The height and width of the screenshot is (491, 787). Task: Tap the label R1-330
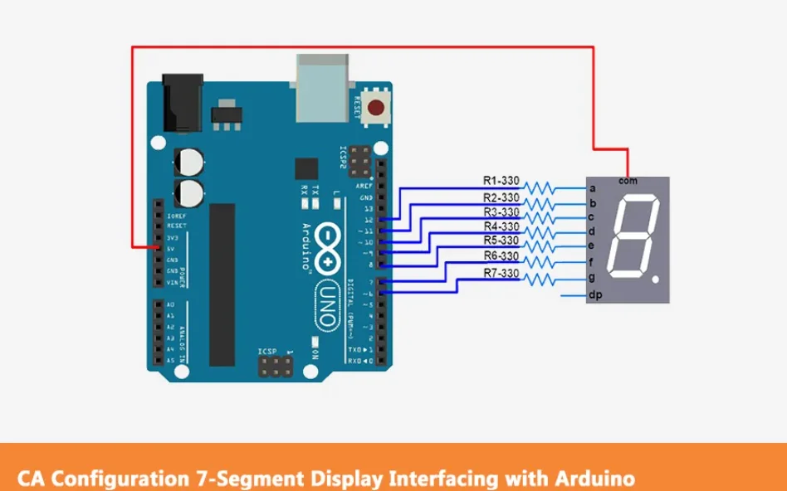click(501, 180)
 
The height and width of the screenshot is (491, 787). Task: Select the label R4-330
click(501, 226)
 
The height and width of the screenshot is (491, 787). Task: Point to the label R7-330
click(501, 273)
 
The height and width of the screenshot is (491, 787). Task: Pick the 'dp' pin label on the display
click(594, 295)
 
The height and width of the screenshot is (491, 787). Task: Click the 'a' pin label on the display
click(592, 188)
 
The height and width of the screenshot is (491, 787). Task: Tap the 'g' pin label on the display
click(592, 277)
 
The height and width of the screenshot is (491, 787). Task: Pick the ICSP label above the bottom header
click(267, 352)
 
